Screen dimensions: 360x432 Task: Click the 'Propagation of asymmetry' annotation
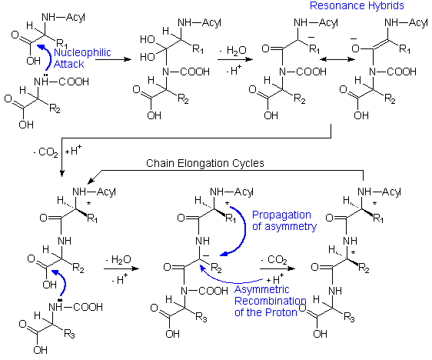(282, 220)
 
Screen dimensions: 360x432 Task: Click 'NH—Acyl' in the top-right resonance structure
(404, 23)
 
